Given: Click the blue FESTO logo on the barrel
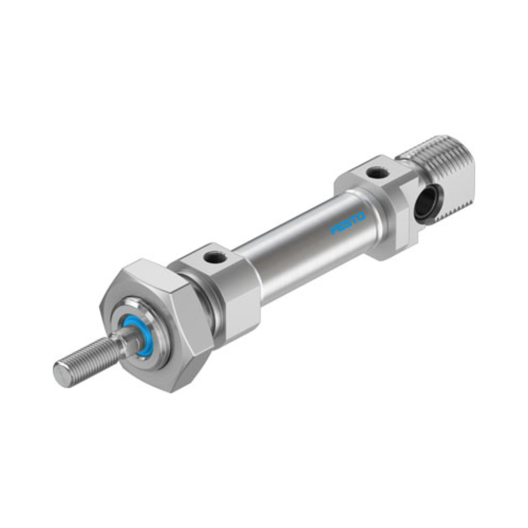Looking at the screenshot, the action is click(x=348, y=222).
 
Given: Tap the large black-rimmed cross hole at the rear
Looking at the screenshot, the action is click(x=425, y=206).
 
